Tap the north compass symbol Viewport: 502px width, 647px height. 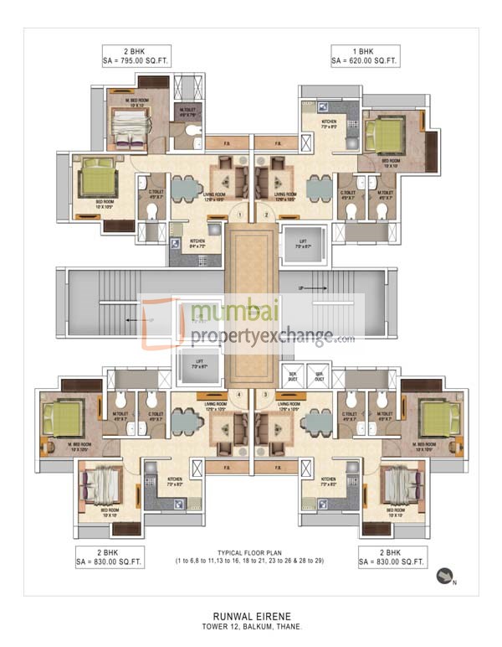click(444, 575)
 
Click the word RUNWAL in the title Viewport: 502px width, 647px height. click(226, 613)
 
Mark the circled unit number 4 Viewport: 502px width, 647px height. click(241, 394)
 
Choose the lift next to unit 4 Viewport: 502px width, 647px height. click(199, 365)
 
